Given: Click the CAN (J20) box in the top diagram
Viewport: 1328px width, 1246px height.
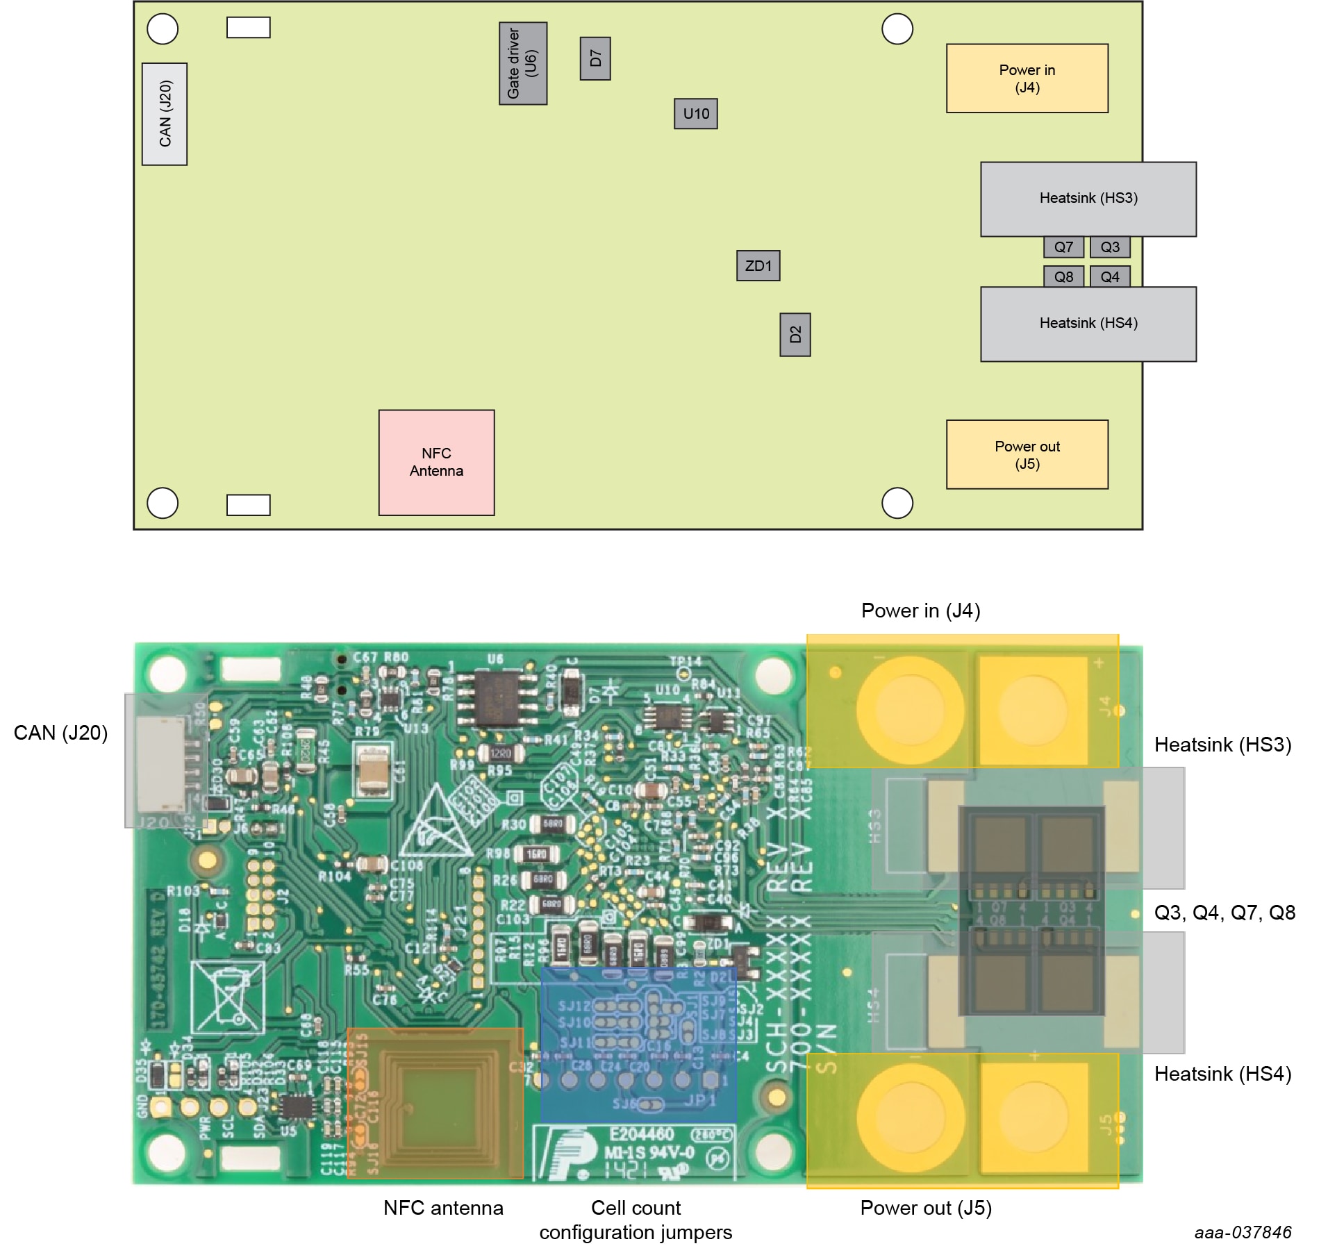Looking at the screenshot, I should [x=165, y=114].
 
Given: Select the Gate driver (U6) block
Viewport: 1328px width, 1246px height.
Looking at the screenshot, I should [x=523, y=63].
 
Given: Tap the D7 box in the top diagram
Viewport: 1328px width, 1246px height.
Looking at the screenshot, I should [x=595, y=58].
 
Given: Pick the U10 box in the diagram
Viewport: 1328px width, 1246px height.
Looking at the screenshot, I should [x=696, y=114].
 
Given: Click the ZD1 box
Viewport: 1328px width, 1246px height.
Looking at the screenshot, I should [x=758, y=266].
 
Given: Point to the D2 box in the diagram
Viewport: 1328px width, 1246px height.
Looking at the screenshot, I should [x=795, y=335].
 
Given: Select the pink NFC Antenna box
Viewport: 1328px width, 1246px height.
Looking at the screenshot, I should [x=436, y=463].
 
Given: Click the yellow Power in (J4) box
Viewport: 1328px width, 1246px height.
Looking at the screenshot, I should [x=1027, y=78].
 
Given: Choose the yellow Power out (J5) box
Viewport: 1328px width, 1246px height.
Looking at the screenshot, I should [x=1027, y=455].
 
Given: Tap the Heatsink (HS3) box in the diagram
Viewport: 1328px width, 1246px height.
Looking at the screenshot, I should [x=1088, y=199].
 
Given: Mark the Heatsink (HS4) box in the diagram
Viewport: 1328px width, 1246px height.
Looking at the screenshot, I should [x=1088, y=324].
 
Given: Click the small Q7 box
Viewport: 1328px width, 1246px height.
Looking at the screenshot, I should [x=1063, y=247].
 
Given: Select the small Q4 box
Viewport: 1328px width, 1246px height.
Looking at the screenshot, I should [x=1110, y=277].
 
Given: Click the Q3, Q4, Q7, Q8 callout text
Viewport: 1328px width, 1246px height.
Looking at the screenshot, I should [x=1225, y=913].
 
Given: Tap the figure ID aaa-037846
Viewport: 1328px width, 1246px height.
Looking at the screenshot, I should [x=1243, y=1232].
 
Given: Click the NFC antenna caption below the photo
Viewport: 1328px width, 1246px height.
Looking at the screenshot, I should [x=443, y=1208].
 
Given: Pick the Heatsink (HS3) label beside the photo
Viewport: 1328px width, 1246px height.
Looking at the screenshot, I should [x=1222, y=745].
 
